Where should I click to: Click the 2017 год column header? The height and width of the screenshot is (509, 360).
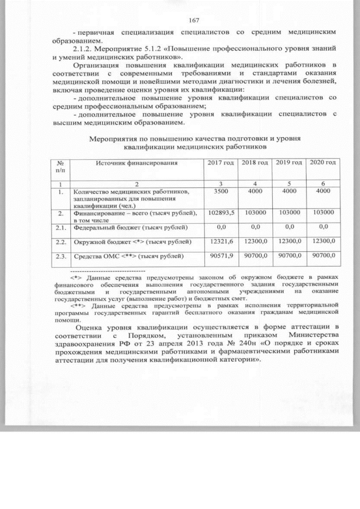pos(217,163)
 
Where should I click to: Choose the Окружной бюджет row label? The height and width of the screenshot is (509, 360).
pos(127,242)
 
